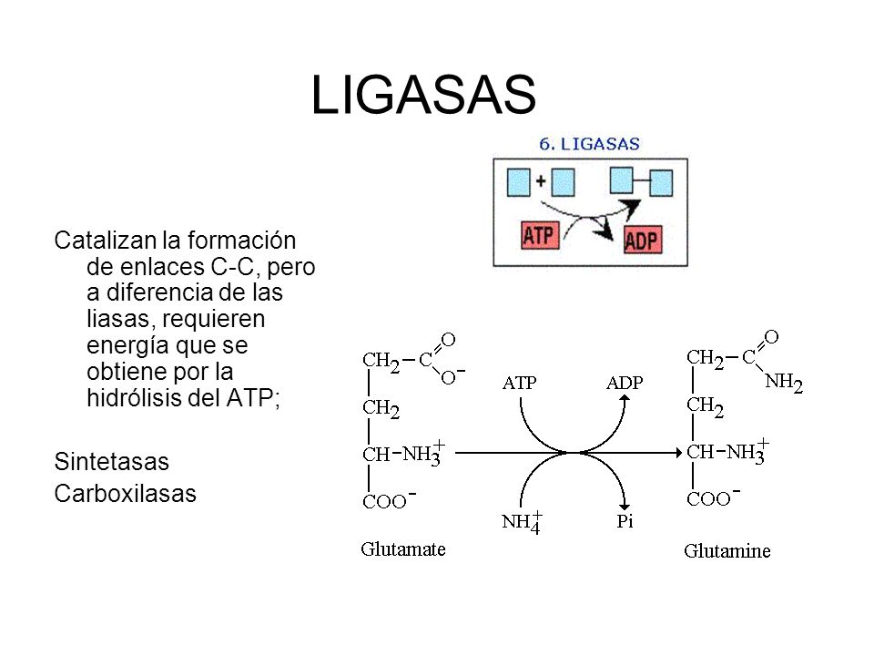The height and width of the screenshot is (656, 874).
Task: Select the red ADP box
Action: click(x=644, y=240)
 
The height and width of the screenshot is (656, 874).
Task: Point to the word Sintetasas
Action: click(x=112, y=462)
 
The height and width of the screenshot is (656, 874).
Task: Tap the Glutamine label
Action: click(x=727, y=550)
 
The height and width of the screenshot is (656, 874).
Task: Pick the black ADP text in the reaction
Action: click(x=625, y=383)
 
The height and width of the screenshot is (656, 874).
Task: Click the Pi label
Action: click(x=624, y=521)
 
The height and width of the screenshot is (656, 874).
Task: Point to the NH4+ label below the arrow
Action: click(x=523, y=522)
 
